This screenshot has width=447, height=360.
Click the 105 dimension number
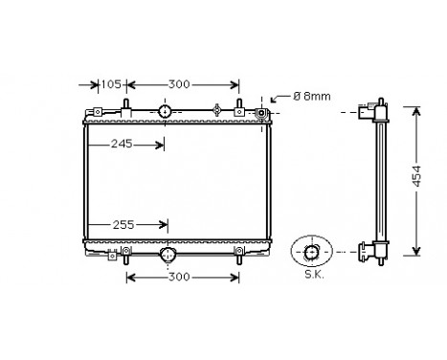tap(111, 84)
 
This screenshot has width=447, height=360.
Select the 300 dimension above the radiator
tap(179, 84)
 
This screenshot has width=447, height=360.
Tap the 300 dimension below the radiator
tap(180, 278)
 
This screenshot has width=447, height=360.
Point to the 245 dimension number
tap(121, 145)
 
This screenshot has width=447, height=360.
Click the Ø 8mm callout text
tap(311, 96)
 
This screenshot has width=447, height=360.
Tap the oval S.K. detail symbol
tap(311, 252)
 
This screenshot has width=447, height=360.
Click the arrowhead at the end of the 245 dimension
tap(161, 145)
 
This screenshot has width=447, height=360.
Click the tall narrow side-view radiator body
tap(382, 182)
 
